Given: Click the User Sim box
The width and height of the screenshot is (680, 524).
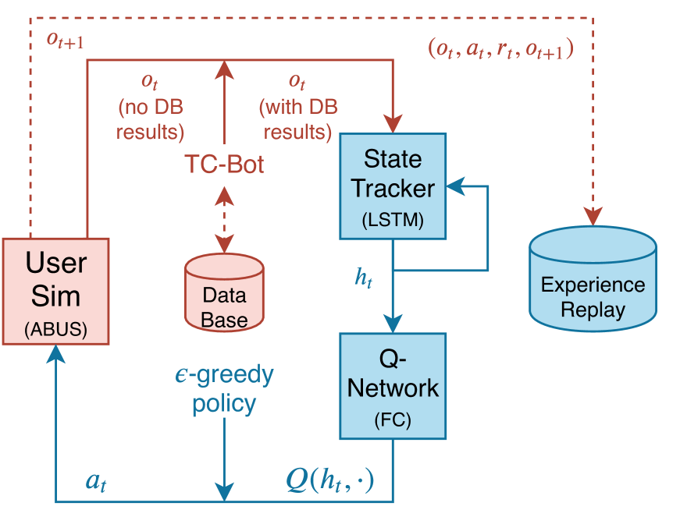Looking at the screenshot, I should point(55,291).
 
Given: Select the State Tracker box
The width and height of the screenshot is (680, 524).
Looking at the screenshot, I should point(392,186).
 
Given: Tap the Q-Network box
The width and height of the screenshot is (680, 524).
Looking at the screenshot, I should point(392,385).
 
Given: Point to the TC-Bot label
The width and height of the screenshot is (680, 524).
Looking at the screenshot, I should point(224,165).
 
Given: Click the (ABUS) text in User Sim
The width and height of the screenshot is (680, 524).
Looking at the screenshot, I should point(55,328).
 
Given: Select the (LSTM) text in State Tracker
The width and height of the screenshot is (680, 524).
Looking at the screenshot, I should point(392,221).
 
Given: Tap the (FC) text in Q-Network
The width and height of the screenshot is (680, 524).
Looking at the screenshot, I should point(392,422).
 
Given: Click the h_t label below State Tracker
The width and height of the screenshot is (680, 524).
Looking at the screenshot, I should point(364,278).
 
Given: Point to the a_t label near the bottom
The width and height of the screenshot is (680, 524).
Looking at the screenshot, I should point(96,482).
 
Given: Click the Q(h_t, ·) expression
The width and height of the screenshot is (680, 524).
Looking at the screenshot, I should point(329,481).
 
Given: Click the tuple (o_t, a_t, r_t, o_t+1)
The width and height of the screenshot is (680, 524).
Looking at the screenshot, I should point(500,49).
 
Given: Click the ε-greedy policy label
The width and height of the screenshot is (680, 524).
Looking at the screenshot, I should point(224,389).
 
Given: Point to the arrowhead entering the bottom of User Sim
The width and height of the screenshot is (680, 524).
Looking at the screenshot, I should point(55,356).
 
